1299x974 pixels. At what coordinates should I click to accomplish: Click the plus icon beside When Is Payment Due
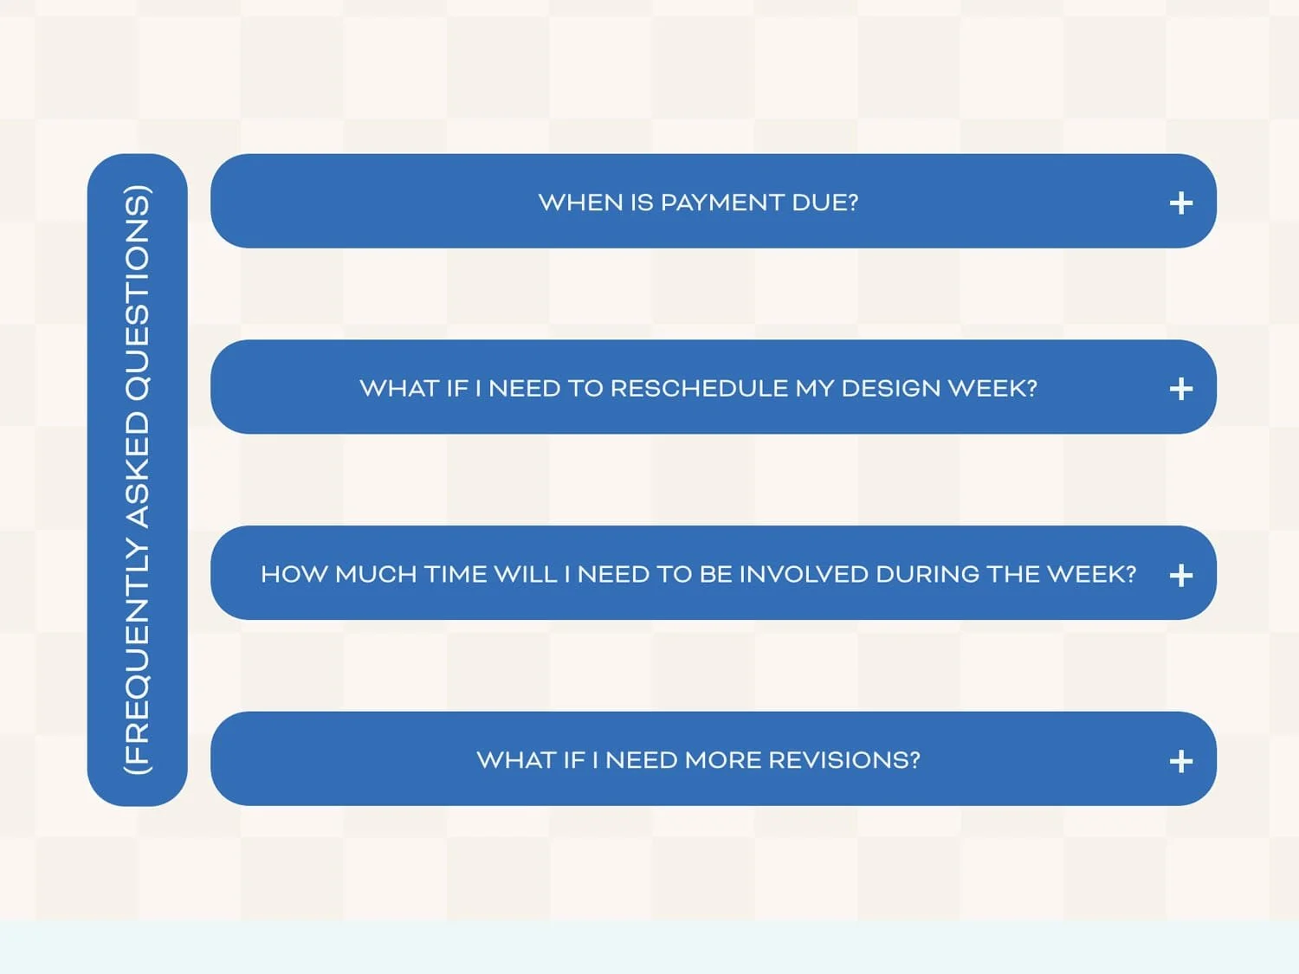click(x=1180, y=203)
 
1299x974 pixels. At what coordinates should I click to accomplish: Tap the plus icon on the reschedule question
click(x=1180, y=389)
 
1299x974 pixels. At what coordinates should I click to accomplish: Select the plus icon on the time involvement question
click(x=1180, y=575)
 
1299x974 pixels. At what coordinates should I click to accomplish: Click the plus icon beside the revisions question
click(x=1180, y=761)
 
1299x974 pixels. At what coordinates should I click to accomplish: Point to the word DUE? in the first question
click(x=824, y=203)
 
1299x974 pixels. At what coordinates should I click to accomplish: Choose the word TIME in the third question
click(x=456, y=574)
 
